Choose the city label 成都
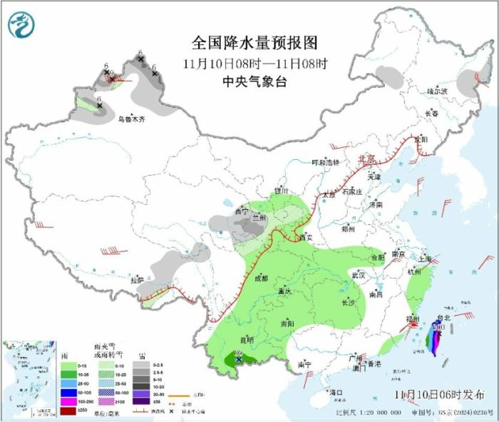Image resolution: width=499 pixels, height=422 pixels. pyautogui.click(x=261, y=278)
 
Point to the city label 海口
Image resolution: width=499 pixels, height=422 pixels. pyautogui.click(x=336, y=392)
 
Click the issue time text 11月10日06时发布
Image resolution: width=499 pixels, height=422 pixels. pyautogui.click(x=440, y=393)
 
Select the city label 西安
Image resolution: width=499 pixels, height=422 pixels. pyautogui.click(x=306, y=237)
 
